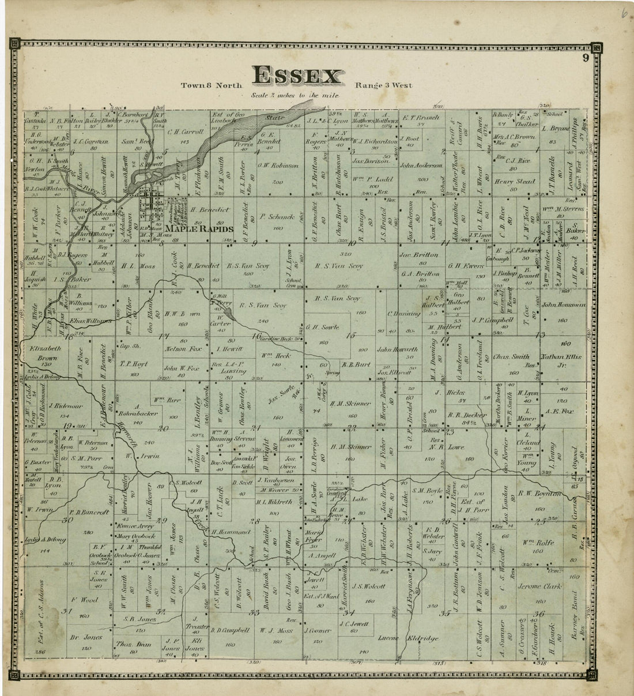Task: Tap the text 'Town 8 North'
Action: pyautogui.click(x=205, y=86)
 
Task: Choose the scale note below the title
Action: pyautogui.click(x=295, y=96)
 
